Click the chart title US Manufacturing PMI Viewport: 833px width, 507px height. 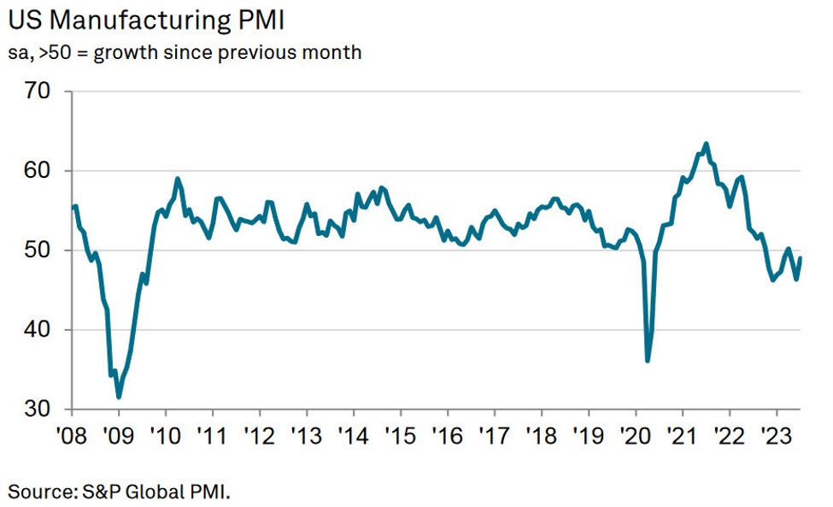pos(146,19)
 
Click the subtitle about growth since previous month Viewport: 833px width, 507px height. pos(185,52)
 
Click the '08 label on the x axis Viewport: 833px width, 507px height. pos(72,432)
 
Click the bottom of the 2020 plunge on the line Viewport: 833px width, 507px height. pos(648,361)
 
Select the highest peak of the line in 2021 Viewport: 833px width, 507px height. pos(706,144)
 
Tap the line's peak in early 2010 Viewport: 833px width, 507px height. pos(177,179)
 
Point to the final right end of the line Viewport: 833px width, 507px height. pos(801,258)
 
